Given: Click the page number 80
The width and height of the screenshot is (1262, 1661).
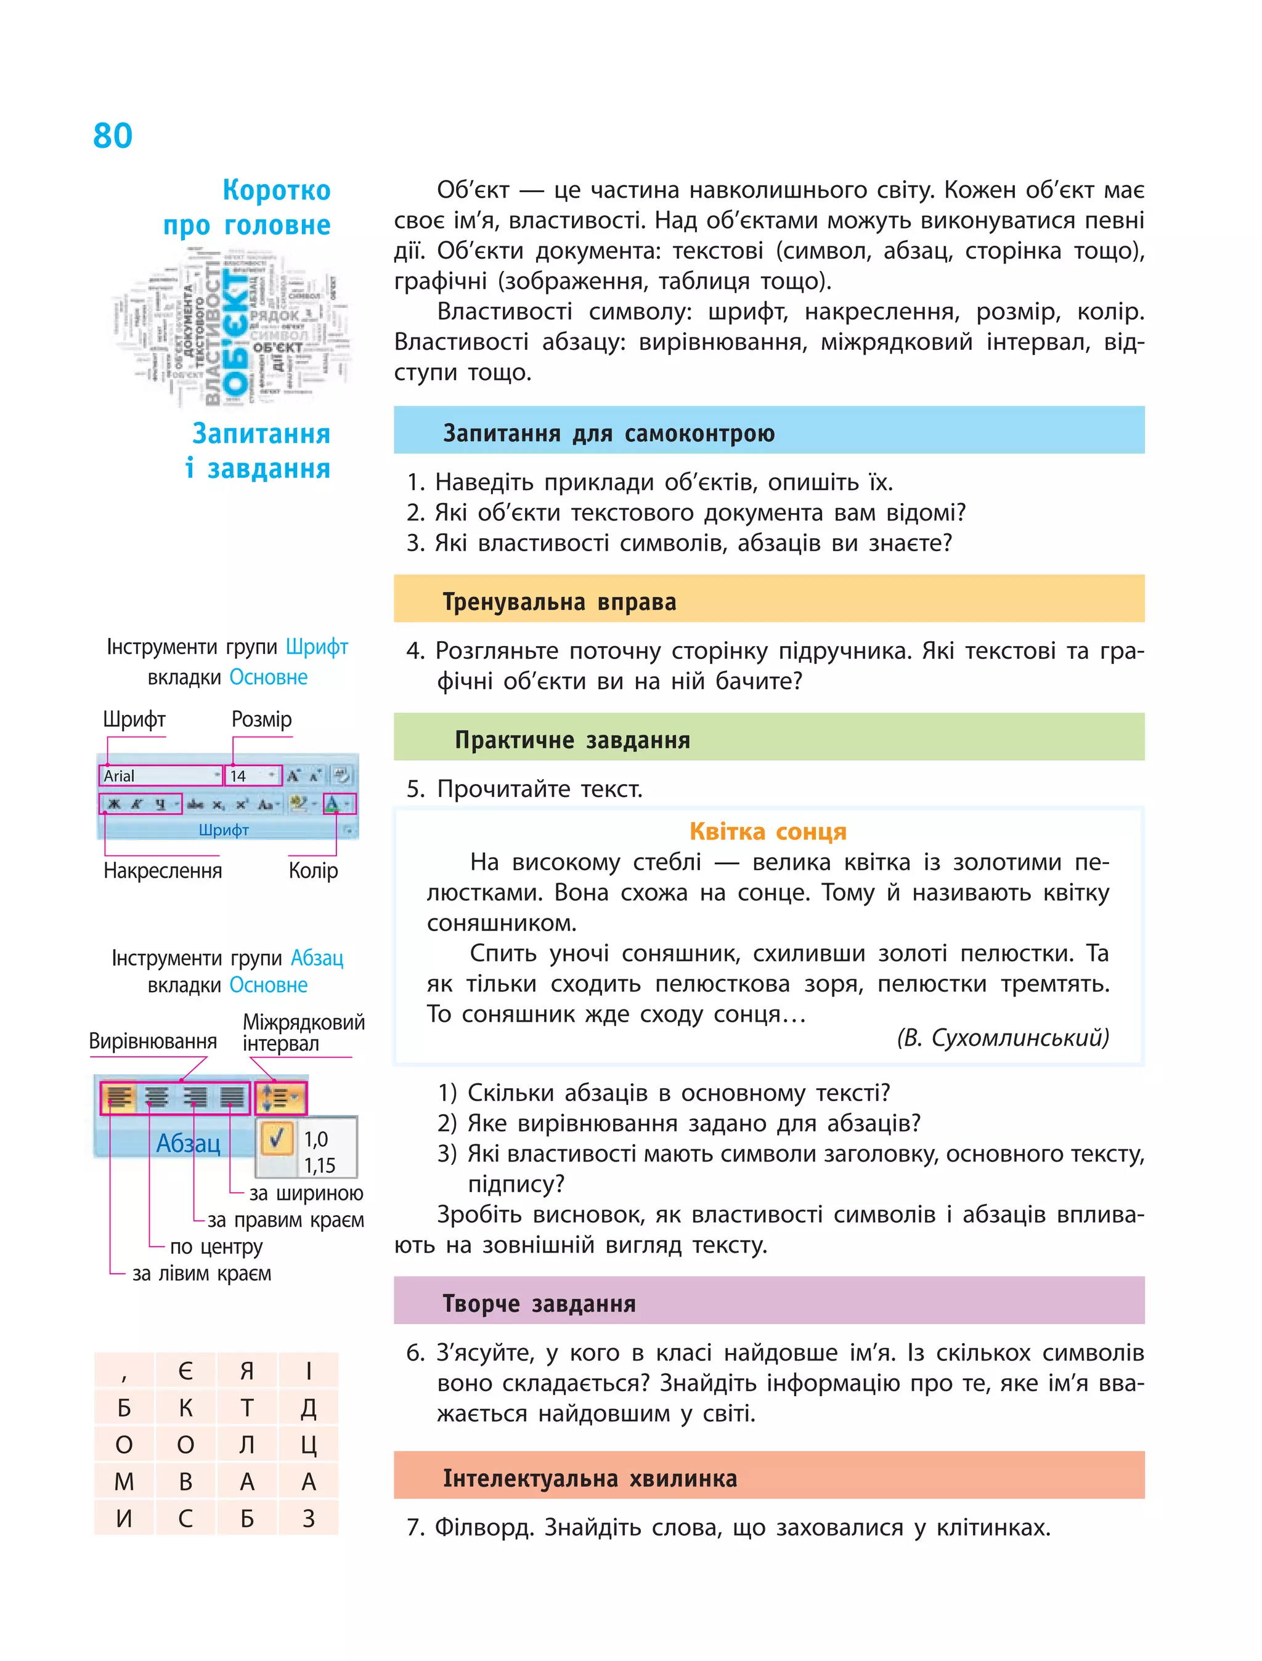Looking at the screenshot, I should point(113,136).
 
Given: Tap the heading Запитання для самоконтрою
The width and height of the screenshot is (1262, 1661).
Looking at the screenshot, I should point(608,434).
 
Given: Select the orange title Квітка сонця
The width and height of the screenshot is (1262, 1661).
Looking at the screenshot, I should point(768,831).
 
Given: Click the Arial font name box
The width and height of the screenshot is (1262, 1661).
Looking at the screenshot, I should point(159,775).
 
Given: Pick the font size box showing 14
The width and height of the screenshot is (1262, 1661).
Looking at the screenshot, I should point(251,775).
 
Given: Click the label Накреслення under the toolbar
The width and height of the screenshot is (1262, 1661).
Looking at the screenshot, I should point(163,871).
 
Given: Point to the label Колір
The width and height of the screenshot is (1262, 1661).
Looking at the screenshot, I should point(313,871).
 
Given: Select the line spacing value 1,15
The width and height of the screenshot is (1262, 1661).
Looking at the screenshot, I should point(319,1165).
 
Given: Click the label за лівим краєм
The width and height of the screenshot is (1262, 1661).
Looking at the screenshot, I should point(202,1274).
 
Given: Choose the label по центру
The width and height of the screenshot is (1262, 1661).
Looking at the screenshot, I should point(216,1247).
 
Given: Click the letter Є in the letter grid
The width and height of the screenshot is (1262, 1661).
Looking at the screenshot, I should point(185,1371).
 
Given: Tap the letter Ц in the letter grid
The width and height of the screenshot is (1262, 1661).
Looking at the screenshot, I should point(309,1445).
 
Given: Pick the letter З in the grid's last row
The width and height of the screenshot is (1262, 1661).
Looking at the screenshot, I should point(309,1518).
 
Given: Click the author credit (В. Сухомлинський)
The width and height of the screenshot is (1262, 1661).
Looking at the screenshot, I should point(1002,1038).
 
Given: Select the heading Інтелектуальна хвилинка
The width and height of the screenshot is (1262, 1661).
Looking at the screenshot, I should point(590,1479).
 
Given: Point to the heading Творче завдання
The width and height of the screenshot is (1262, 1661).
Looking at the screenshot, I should point(539,1304).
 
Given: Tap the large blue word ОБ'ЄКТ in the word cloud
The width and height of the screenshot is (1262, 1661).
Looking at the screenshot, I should point(235,334).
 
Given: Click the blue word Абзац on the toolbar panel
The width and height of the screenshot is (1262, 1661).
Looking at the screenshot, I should point(188,1143).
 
